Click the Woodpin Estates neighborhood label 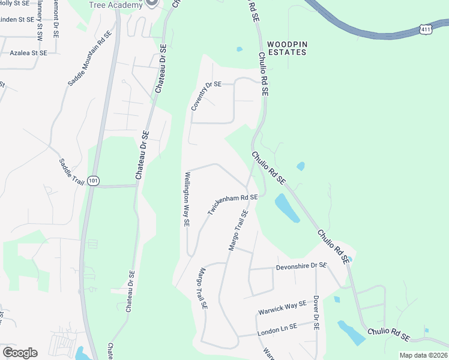click(x=286, y=48)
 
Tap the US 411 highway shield click(x=425, y=28)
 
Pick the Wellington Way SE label click(x=187, y=199)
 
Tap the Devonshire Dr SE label click(x=301, y=266)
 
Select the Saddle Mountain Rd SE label click(x=89, y=59)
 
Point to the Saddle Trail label click(x=71, y=172)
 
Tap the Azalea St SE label click(x=28, y=53)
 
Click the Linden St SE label click(x=16, y=20)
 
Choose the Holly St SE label click(x=14, y=4)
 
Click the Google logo click(x=20, y=352)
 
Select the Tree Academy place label click(x=116, y=5)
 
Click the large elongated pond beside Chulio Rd click(x=286, y=208)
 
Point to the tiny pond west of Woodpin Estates click(x=240, y=49)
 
